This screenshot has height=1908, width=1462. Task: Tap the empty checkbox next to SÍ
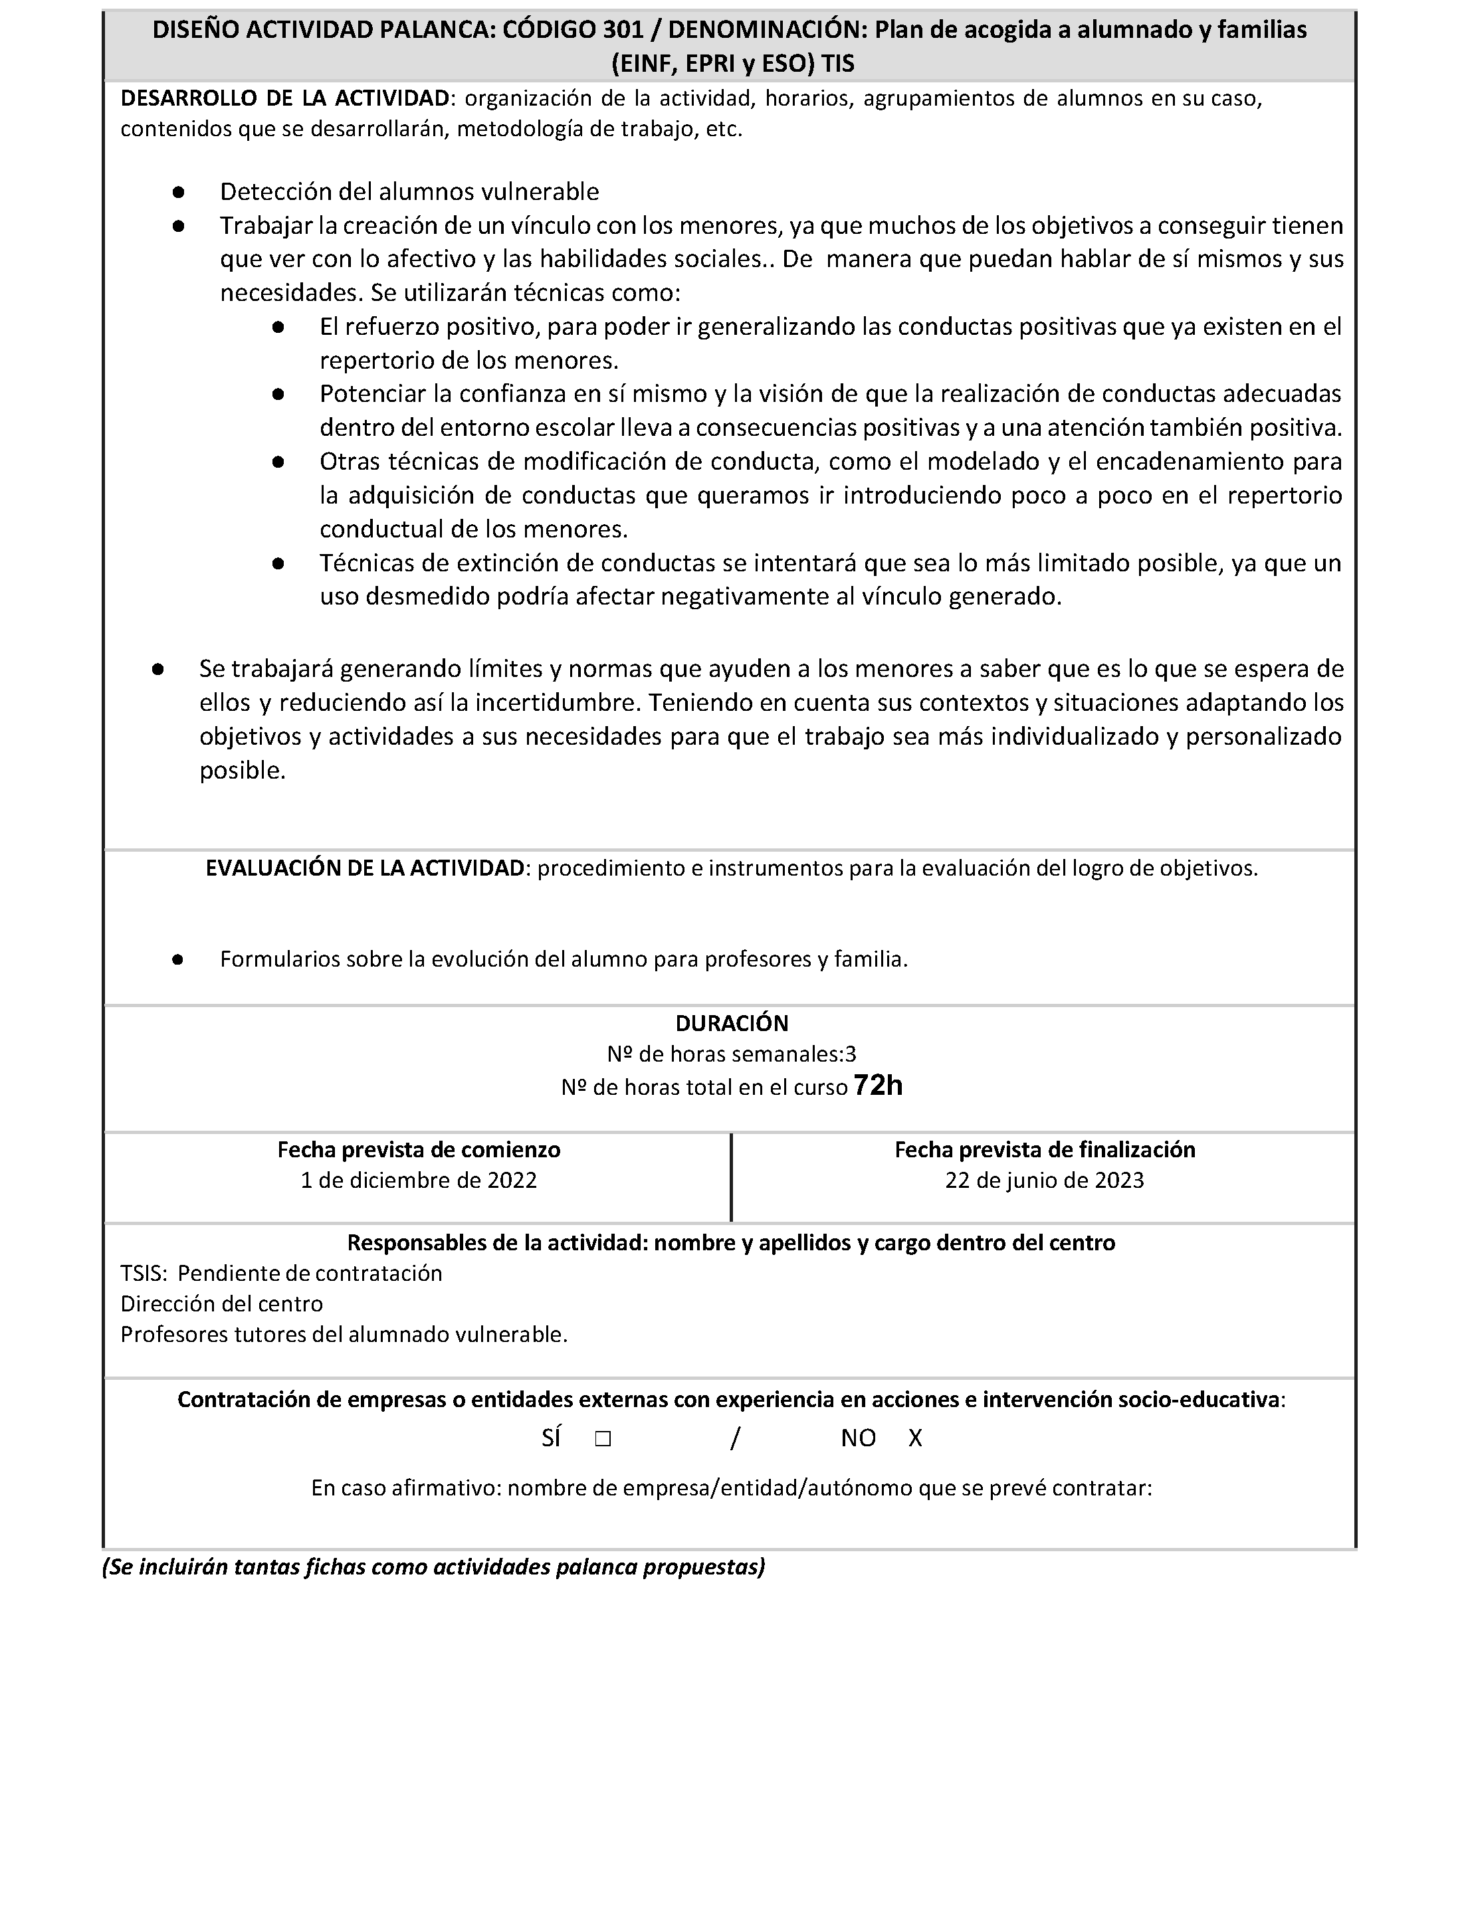coord(603,1439)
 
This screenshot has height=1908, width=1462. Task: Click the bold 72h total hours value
coord(878,1086)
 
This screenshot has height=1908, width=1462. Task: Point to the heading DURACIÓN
coord(732,1023)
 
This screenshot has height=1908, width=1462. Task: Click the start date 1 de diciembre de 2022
coord(419,1181)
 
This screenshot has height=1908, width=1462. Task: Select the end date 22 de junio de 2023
coord(1044,1181)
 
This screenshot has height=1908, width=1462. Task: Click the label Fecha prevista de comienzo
coord(419,1150)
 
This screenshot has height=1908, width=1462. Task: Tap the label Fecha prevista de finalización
coord(1044,1150)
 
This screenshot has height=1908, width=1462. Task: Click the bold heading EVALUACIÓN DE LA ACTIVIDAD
coord(365,868)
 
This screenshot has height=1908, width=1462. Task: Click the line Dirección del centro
coord(222,1304)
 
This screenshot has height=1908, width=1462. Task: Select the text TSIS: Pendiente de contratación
coord(281,1274)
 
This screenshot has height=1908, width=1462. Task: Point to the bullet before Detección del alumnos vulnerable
coord(178,191)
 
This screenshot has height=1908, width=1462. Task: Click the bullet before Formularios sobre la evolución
coord(177,960)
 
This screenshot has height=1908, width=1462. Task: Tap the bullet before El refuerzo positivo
coord(278,327)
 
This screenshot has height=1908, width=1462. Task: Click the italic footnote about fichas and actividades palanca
coord(433,1568)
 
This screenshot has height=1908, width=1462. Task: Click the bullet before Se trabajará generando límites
coord(158,669)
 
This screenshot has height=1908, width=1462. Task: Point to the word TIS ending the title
coord(837,64)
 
